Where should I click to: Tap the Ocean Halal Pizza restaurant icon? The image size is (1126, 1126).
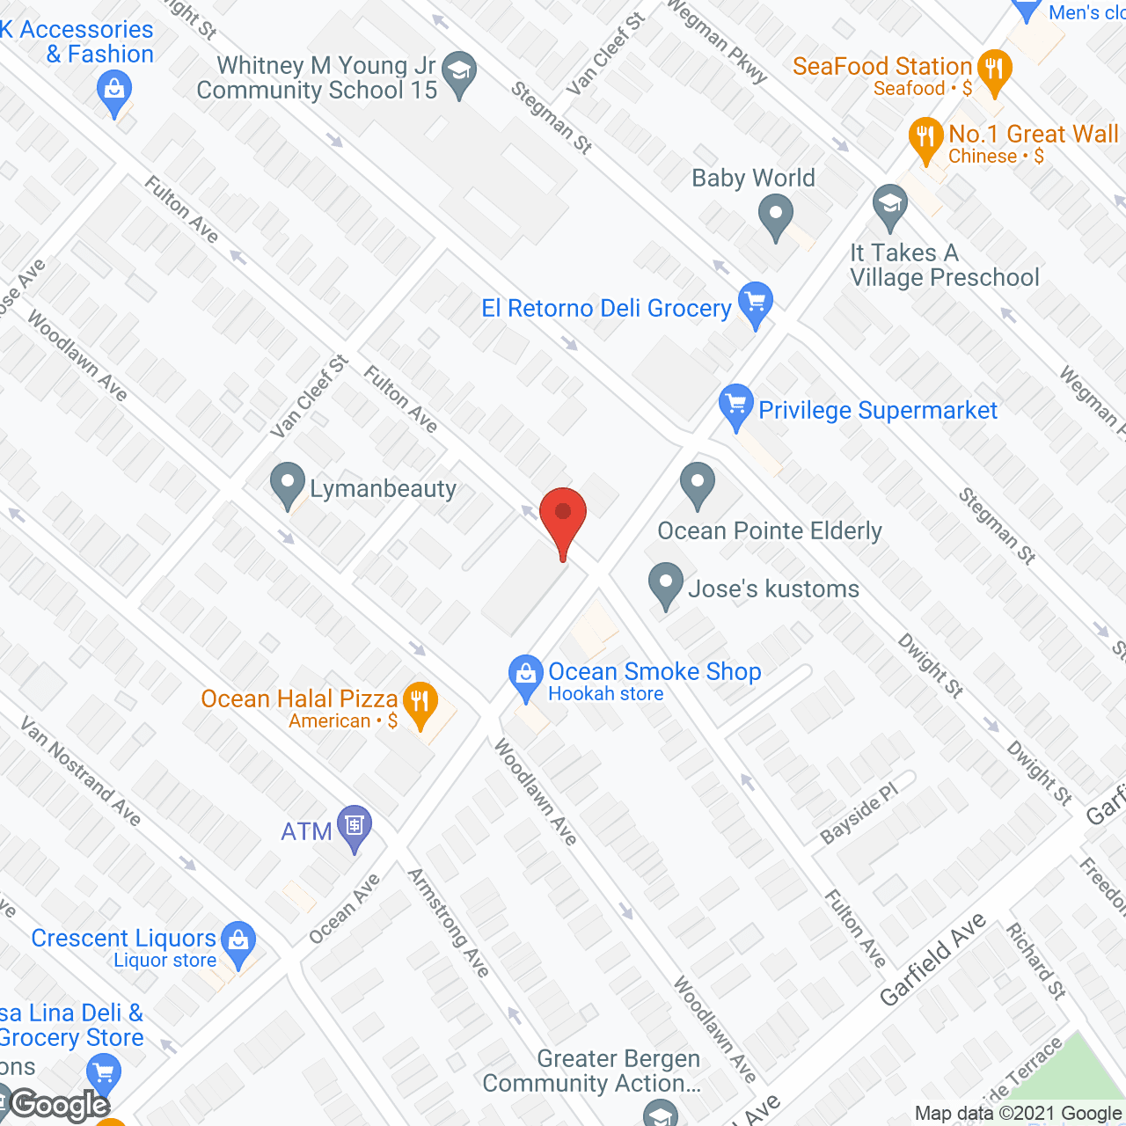tap(420, 703)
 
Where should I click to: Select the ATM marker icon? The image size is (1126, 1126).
tap(355, 827)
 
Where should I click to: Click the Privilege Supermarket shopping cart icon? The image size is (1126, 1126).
tap(735, 406)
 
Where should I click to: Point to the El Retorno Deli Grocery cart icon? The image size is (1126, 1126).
tap(755, 303)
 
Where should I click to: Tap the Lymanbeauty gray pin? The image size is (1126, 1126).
tap(287, 484)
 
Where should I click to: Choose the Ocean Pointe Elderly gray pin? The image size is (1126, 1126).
tap(698, 484)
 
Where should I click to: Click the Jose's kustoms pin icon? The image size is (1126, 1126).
tap(666, 584)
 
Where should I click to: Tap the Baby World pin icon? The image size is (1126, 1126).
tap(776, 216)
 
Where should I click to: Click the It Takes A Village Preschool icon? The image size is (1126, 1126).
tap(889, 206)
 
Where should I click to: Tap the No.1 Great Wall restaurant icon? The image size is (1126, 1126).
tap(925, 138)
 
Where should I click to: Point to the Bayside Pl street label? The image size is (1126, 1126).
tap(859, 814)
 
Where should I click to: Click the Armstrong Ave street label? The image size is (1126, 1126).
tap(449, 923)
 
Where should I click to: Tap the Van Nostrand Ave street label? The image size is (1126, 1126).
tap(81, 771)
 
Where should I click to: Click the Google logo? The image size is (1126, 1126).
tap(60, 1104)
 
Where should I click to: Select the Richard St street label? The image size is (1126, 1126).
tap(1036, 961)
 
